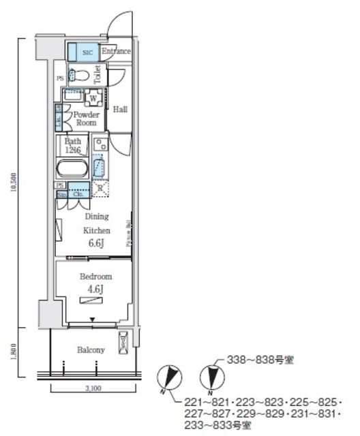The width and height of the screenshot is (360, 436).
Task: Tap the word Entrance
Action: (x=116, y=51)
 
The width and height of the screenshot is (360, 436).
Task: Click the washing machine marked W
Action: (x=92, y=97)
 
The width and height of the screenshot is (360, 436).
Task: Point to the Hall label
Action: (x=120, y=109)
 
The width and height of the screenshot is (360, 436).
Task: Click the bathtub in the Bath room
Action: (x=71, y=168)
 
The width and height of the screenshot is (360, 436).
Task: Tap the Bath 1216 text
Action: (x=73, y=145)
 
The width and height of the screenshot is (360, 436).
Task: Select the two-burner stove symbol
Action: (x=100, y=144)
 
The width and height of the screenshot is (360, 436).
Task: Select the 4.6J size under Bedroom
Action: (x=96, y=289)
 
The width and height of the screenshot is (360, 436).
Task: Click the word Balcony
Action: (x=91, y=350)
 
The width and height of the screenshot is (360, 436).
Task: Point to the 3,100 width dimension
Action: (x=93, y=388)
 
